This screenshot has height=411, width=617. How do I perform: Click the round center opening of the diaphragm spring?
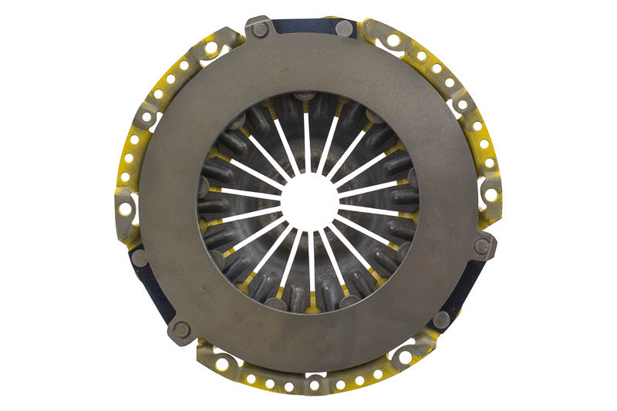(309, 202)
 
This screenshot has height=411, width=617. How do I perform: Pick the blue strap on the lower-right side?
(464, 288)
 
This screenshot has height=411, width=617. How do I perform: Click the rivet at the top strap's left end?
(260, 29)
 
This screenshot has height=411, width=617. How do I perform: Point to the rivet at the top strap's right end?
(344, 29)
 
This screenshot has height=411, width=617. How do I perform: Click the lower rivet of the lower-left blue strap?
(180, 329)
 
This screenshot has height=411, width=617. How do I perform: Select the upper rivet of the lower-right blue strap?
(482, 246)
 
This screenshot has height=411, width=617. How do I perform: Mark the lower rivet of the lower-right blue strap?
(440, 318)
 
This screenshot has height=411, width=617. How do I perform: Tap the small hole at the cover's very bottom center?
(314, 384)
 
